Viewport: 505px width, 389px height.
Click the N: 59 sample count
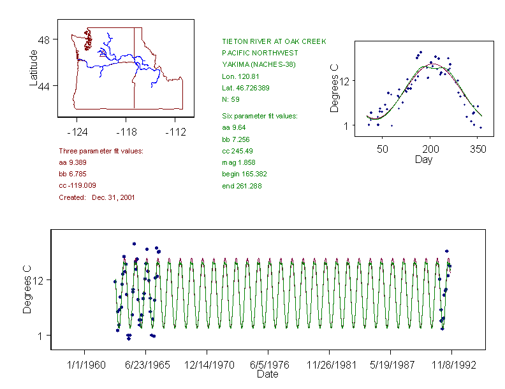[231, 99]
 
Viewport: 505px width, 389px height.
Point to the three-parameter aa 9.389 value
[73, 162]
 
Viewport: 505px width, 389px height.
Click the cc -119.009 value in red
[77, 185]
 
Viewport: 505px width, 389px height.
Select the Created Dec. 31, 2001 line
[96, 197]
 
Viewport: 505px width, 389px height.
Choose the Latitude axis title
[34, 68]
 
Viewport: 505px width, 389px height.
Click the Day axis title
[423, 159]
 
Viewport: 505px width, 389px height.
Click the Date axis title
[267, 374]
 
